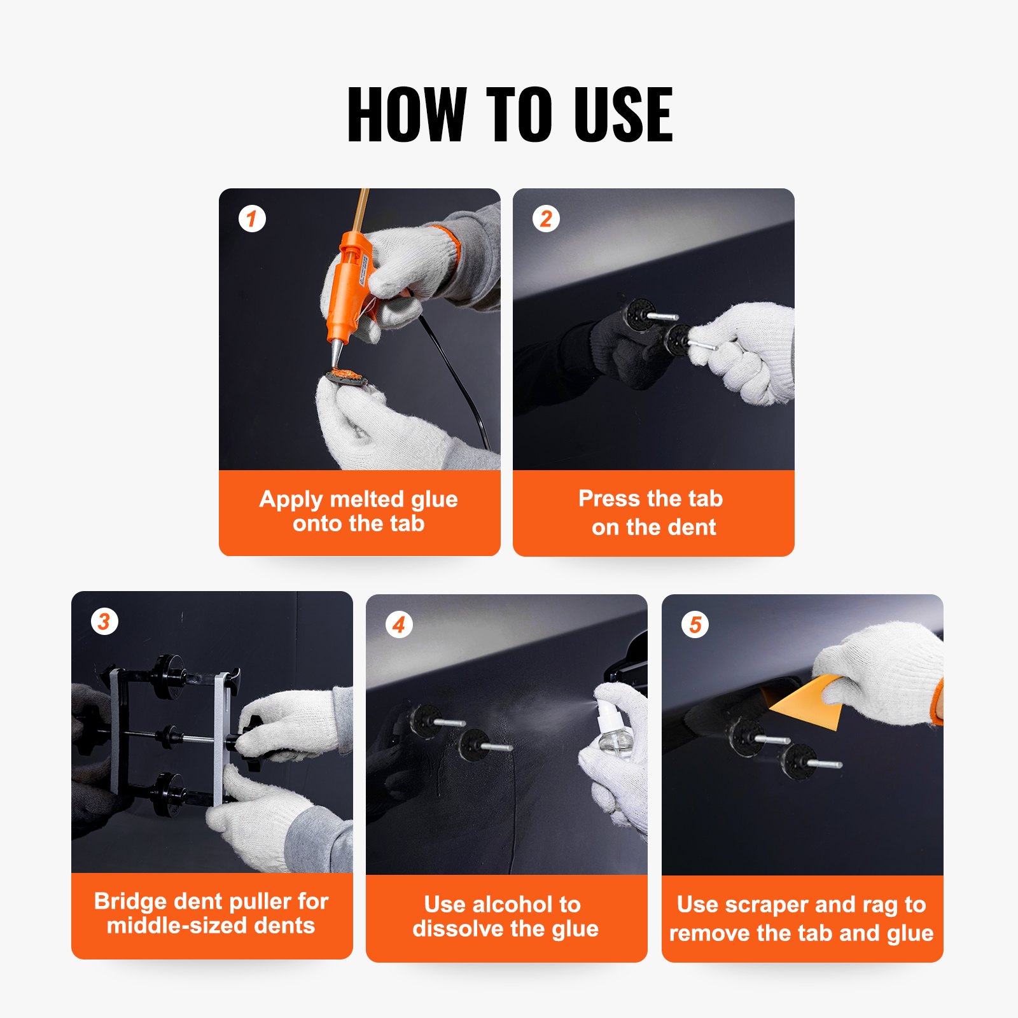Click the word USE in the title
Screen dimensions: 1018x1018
click(623, 115)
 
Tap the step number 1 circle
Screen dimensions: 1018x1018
click(252, 219)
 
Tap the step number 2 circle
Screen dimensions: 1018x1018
click(546, 219)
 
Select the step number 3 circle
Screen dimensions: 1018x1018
click(104, 621)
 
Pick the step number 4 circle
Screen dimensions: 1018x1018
click(399, 625)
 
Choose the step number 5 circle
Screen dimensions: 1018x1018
click(695, 625)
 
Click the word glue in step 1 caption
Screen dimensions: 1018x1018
click(434, 499)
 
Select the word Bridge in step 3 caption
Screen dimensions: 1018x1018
click(130, 902)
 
